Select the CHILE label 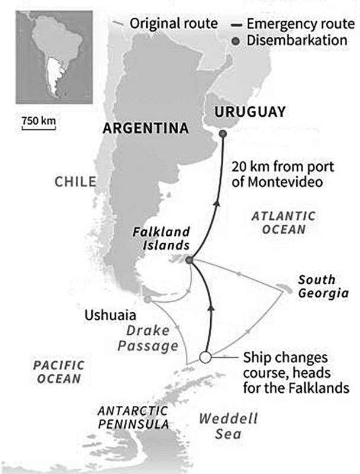click(75, 181)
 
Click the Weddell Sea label click(229, 427)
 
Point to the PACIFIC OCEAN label click(57, 371)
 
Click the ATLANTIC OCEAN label click(284, 222)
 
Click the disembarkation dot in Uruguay click(223, 134)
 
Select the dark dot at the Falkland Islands click(189, 260)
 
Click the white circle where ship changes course click(205, 358)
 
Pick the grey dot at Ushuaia click(147, 300)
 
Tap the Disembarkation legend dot click(236, 41)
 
